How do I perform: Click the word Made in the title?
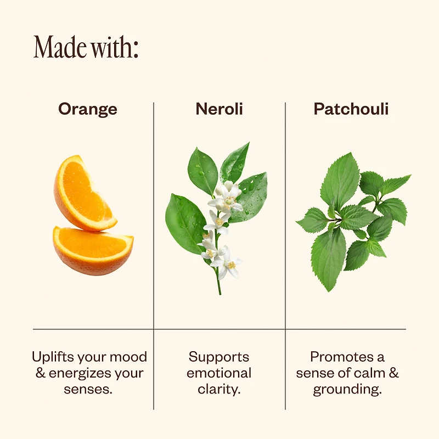(60, 47)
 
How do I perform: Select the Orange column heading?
(88, 109)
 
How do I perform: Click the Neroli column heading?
(219, 109)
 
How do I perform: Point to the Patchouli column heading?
(351, 109)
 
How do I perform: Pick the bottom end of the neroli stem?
(220, 294)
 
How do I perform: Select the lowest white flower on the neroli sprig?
(226, 263)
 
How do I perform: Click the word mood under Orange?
(128, 357)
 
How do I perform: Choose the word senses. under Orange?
(88, 390)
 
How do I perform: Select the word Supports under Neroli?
(219, 358)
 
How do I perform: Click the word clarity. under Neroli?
(219, 390)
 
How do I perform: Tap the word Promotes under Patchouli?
(341, 357)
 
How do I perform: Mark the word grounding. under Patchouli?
(347, 390)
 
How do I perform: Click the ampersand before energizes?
(41, 373)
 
